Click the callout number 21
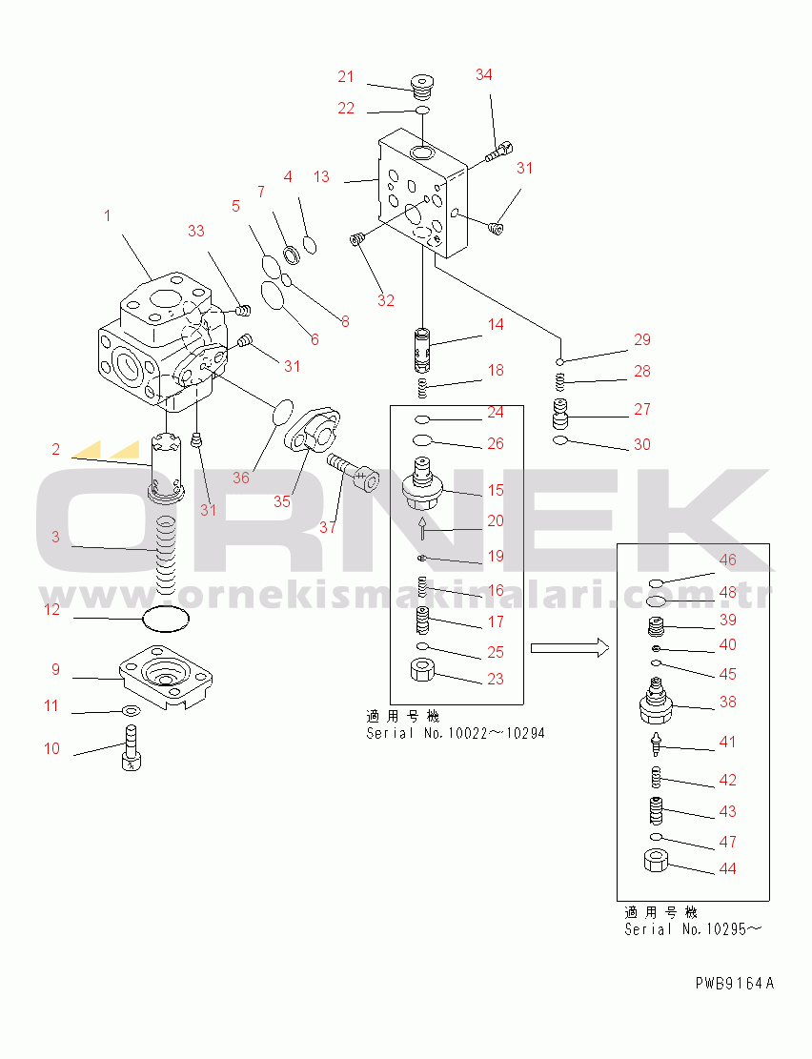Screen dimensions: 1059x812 tap(345, 76)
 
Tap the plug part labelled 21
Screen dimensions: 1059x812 tap(420, 88)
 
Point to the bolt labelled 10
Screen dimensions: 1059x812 tap(132, 747)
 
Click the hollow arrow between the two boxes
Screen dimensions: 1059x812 tap(569, 648)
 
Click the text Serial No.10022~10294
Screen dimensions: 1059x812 tap(456, 733)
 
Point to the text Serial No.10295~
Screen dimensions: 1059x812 tap(694, 929)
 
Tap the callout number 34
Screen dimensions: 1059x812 tap(484, 74)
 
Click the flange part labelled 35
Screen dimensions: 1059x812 tap(315, 434)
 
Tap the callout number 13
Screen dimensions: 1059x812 tap(321, 176)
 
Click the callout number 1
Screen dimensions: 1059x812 tap(107, 215)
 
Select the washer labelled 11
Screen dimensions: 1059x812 tap(130, 710)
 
